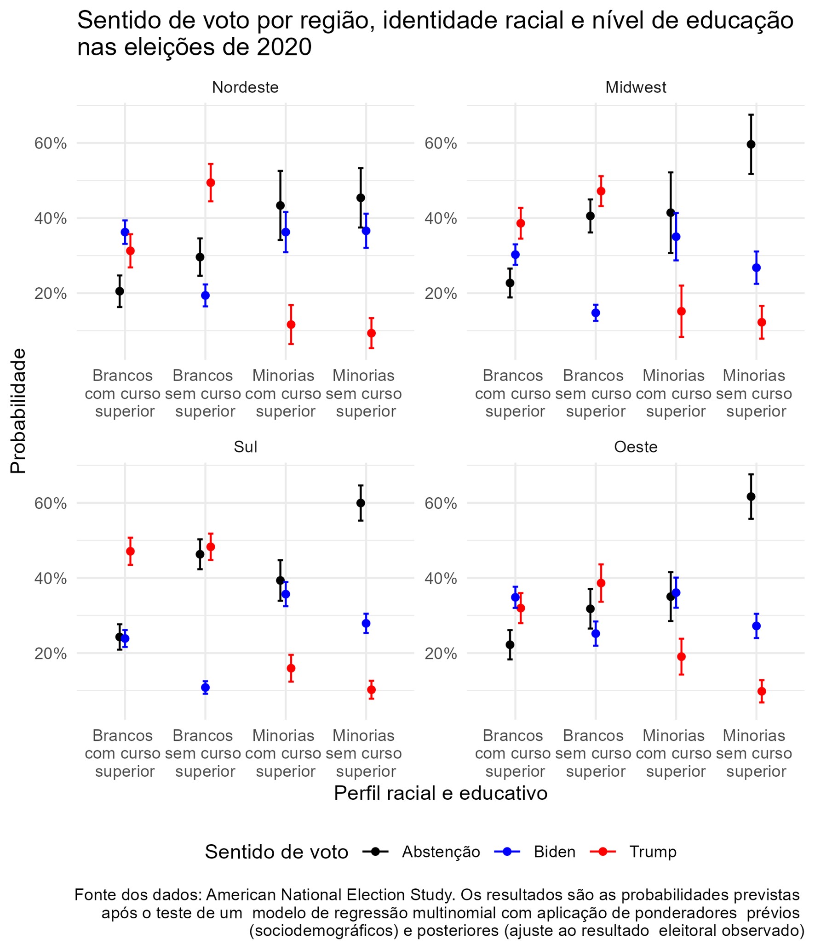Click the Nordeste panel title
click(245, 87)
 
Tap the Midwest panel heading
click(636, 87)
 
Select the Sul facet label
click(245, 447)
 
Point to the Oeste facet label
click(636, 447)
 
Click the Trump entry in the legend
click(652, 852)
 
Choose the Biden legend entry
click(554, 852)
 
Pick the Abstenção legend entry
click(441, 852)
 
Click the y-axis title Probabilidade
click(18, 411)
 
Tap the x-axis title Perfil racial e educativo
click(441, 793)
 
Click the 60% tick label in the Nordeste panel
click(51, 143)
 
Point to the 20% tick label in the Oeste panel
click(441, 654)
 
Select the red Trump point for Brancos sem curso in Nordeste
click(211, 182)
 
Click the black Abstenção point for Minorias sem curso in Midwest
click(751, 144)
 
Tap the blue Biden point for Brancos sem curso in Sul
click(206, 688)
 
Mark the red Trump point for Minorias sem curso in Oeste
click(762, 691)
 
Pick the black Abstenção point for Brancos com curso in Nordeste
click(120, 291)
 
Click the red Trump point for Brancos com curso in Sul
click(130, 551)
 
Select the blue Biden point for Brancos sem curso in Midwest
click(596, 313)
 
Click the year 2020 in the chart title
click(284, 47)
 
